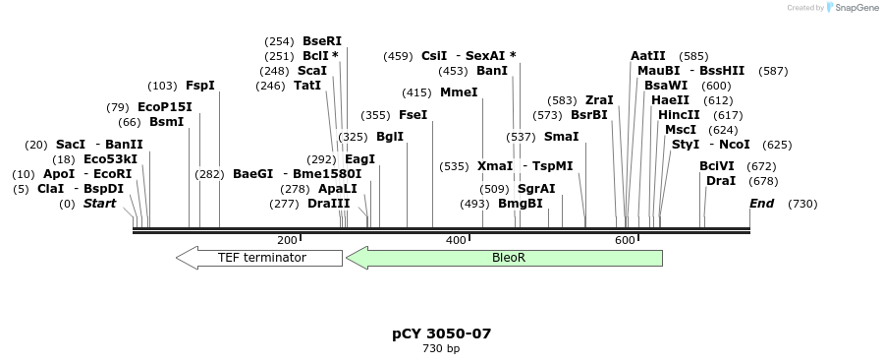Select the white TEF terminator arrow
(x=260, y=258)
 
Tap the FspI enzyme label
(x=199, y=86)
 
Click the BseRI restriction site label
(x=322, y=41)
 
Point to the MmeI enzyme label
(x=459, y=92)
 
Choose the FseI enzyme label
(x=413, y=115)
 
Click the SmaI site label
(x=561, y=137)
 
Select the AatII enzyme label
(x=648, y=56)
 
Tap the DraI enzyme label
(x=721, y=181)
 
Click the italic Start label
(x=99, y=204)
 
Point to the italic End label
(x=761, y=204)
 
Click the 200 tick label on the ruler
(x=287, y=240)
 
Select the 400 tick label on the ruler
(x=456, y=240)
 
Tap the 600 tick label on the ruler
(x=625, y=240)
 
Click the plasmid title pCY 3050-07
(x=441, y=334)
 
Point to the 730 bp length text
(x=441, y=349)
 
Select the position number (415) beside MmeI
(x=416, y=92)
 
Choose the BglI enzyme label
(x=390, y=137)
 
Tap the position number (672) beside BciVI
(x=762, y=166)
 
